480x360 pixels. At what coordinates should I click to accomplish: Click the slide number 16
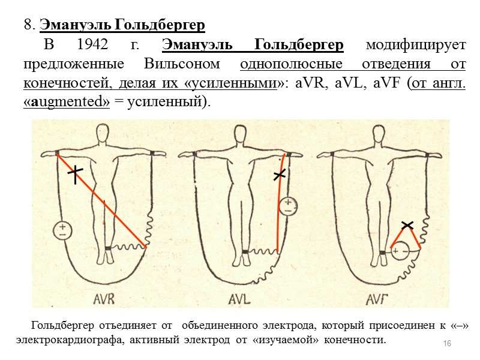pyautogui.click(x=446, y=343)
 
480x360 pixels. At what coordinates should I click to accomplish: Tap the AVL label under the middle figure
pyautogui.click(x=241, y=298)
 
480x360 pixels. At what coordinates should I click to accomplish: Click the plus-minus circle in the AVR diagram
pyautogui.click(x=62, y=230)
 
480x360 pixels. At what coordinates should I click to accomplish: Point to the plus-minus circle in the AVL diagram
pyautogui.click(x=289, y=206)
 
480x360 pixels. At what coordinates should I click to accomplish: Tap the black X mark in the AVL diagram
pyautogui.click(x=280, y=175)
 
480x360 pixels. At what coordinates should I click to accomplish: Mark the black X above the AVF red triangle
pyautogui.click(x=407, y=225)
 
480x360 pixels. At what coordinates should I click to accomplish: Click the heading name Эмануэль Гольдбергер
pyautogui.click(x=122, y=25)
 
